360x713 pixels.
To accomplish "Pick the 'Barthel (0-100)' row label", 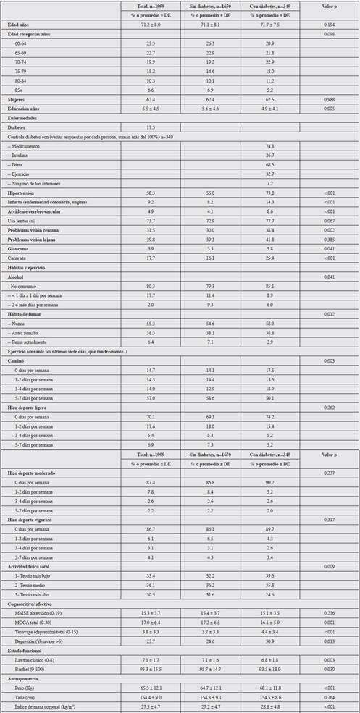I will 33,668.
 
